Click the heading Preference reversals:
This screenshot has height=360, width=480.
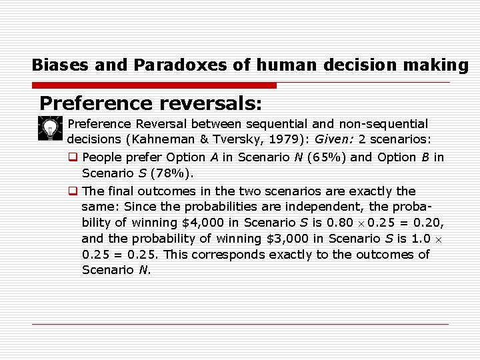pyautogui.click(x=151, y=103)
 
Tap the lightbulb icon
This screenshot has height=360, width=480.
pyautogui.click(x=49, y=127)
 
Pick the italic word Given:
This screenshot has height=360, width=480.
pyautogui.click(x=338, y=140)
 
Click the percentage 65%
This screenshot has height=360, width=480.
pyautogui.click(x=325, y=157)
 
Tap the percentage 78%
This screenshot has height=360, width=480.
pyautogui.click(x=170, y=173)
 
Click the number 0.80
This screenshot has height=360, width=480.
pyautogui.click(x=339, y=223)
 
